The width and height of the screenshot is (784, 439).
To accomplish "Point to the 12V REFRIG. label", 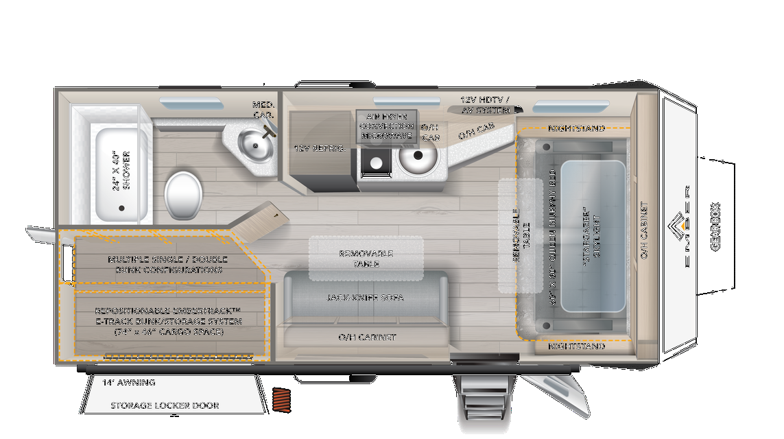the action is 320,147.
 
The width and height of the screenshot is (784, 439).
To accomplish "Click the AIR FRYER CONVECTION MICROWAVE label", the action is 386,126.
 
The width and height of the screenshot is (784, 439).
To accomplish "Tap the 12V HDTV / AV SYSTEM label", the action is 484,105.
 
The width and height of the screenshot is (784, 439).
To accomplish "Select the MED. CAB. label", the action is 263,110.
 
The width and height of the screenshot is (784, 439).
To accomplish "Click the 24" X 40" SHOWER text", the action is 121,170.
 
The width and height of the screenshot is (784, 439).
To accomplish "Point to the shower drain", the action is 122,208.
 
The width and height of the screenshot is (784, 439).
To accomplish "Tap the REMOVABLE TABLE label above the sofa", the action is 366,259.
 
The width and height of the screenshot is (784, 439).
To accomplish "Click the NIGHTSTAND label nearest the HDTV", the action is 576,128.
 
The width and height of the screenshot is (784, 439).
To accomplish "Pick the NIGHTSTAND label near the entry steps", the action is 576,346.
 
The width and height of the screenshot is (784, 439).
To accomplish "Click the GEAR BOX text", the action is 715,226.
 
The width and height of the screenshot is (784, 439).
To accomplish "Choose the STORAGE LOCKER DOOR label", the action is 165,405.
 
